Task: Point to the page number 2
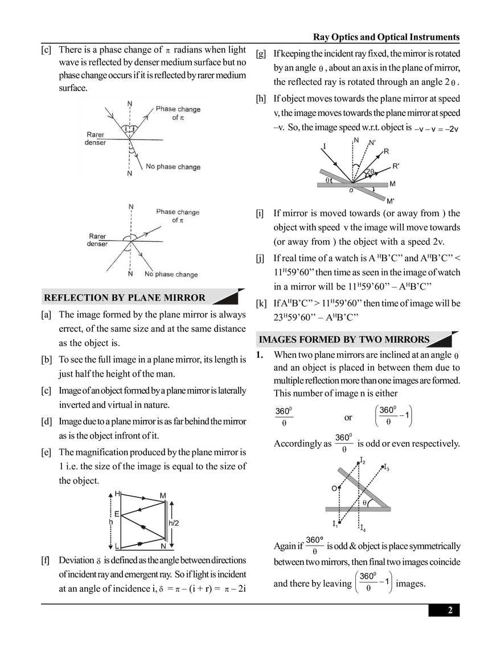450,610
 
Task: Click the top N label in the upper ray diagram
130,104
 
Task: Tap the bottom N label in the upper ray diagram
130,174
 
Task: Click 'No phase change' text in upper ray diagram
173,167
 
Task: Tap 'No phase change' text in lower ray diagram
171,274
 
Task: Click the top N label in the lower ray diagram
131,207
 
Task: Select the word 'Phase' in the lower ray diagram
166,212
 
